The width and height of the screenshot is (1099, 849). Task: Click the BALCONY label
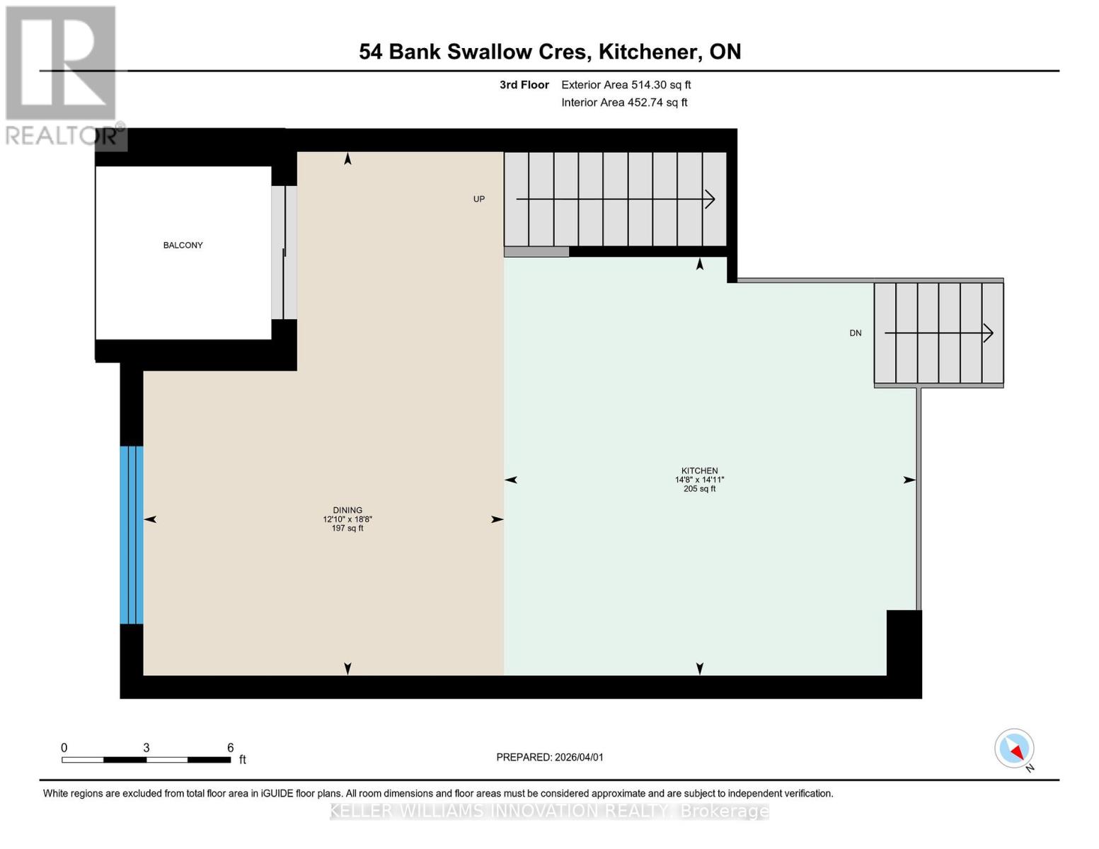tap(183, 246)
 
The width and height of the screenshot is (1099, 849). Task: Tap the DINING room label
tap(347, 510)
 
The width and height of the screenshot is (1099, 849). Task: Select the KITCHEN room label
tap(699, 470)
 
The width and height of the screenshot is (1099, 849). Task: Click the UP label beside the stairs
tap(479, 200)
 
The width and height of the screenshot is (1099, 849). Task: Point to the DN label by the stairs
tap(856, 333)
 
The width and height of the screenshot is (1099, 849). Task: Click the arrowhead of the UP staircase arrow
tap(710, 200)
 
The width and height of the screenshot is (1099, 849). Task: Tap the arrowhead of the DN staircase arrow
tap(989, 333)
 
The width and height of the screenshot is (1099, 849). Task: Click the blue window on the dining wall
tap(132, 535)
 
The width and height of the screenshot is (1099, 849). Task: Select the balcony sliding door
tap(284, 253)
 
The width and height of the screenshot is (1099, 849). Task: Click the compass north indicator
tap(1015, 749)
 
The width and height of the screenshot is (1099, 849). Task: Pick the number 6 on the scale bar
tap(231, 748)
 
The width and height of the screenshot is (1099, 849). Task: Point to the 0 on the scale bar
tap(64, 748)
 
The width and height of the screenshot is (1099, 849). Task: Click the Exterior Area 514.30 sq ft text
tap(626, 85)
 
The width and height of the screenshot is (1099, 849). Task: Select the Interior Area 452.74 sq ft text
tap(624, 103)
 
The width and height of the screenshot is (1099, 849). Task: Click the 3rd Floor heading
tap(524, 85)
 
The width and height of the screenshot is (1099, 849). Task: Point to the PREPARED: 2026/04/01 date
tap(550, 757)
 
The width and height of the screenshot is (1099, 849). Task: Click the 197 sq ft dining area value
tap(347, 529)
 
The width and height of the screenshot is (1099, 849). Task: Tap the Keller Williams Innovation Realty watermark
tap(549, 811)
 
